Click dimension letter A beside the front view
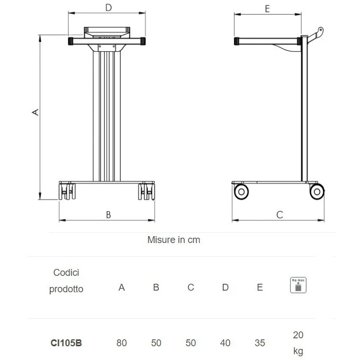pyautogui.click(x=35, y=112)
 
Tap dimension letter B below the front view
pyautogui.click(x=109, y=215)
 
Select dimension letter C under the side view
pyautogui.click(x=280, y=215)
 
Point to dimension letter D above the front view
pyautogui.click(x=109, y=8)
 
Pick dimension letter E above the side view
pyautogui.click(x=267, y=9)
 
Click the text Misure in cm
pyautogui.click(x=174, y=240)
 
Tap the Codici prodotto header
pyautogui.click(x=66, y=281)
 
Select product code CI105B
pyautogui.click(x=66, y=343)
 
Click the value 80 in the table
pyautogui.click(x=121, y=343)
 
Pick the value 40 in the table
pyautogui.click(x=225, y=343)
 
